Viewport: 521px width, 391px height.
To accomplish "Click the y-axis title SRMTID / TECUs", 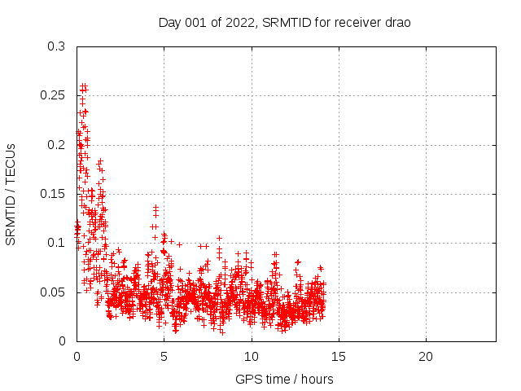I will (11, 194).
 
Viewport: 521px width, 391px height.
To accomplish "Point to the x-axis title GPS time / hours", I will (284, 379).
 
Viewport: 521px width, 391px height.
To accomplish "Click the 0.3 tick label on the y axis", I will (56, 47).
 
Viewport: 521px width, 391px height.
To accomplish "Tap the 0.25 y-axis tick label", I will (53, 96).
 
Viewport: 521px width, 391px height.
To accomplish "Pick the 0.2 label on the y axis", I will (56, 145).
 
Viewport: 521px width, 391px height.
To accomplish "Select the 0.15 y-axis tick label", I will (53, 194).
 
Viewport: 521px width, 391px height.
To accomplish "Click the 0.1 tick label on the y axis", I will (56, 243).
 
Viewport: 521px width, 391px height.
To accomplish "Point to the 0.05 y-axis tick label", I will (53, 292).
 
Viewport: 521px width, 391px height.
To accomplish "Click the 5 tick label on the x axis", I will (164, 357).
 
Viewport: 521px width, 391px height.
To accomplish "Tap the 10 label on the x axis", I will (252, 357).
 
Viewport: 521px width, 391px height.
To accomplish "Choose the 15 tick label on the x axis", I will (339, 357).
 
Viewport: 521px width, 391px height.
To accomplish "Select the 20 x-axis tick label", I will (426, 357).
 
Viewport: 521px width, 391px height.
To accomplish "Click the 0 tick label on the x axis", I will (77, 357).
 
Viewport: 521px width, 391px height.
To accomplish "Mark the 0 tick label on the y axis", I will (62, 340).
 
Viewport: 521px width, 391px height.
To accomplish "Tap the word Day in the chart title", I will (169, 23).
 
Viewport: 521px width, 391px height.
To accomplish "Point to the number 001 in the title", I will (196, 23).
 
